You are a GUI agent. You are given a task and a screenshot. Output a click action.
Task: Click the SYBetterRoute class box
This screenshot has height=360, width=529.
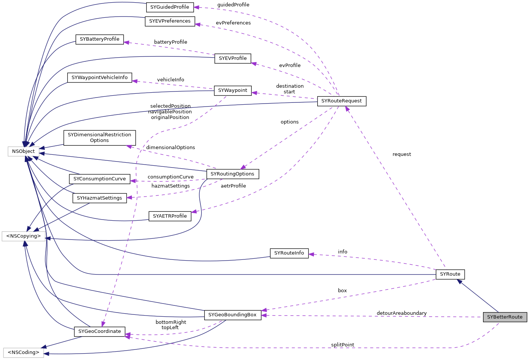(x=505, y=317)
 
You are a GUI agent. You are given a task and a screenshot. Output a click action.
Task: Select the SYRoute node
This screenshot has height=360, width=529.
(x=450, y=274)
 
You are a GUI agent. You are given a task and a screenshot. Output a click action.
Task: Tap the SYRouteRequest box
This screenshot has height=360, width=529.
(x=341, y=101)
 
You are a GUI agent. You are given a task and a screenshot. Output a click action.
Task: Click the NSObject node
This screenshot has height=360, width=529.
(x=23, y=151)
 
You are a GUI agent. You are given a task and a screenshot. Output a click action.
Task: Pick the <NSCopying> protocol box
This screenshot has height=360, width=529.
(x=23, y=236)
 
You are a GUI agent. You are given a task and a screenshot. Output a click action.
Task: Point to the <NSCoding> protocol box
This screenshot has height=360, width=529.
(x=23, y=352)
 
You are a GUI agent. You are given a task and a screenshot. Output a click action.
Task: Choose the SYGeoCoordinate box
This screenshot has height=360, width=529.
(x=99, y=331)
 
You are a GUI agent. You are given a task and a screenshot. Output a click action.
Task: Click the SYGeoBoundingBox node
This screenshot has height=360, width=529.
(x=232, y=315)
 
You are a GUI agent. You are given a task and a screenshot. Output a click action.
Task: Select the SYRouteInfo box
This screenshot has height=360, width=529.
(x=289, y=253)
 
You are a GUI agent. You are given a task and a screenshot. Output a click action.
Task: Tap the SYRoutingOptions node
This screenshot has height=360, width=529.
(x=232, y=174)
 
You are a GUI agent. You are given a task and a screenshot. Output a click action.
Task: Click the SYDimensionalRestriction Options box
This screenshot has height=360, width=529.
(x=99, y=137)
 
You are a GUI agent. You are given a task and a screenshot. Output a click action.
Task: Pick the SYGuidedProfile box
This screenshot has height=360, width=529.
(x=170, y=7)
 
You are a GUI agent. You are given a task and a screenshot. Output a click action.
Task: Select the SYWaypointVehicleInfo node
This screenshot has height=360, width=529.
(x=99, y=78)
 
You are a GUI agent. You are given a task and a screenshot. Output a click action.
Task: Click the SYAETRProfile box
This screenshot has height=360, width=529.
(x=170, y=216)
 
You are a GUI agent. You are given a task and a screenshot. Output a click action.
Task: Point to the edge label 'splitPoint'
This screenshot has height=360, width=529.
(x=342, y=345)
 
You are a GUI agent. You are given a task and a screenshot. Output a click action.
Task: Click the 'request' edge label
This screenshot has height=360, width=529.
(x=402, y=154)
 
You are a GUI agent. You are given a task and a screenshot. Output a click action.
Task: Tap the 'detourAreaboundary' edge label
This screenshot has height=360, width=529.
(x=402, y=313)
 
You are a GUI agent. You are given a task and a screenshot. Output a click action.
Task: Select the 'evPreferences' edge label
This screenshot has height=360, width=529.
(x=233, y=23)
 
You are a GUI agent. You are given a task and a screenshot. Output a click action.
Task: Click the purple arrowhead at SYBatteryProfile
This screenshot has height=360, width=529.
(x=127, y=43)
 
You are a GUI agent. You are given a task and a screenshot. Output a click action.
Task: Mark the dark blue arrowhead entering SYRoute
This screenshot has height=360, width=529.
(x=459, y=281)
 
